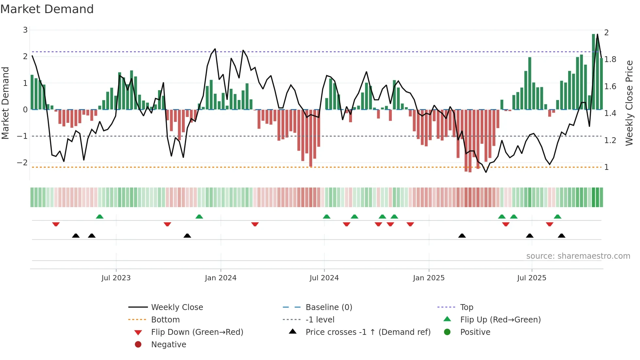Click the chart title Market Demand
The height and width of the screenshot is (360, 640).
coord(47,9)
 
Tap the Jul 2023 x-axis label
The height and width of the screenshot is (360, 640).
coord(116,278)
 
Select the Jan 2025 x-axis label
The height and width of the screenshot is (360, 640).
coord(428,278)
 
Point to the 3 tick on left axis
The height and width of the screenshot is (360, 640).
coord(25,30)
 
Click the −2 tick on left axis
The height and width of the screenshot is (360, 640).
coord(23,163)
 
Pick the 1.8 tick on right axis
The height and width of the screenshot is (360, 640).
coord(610,59)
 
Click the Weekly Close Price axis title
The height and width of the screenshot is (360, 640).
coord(629,103)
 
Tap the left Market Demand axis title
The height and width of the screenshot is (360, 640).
coord(5,103)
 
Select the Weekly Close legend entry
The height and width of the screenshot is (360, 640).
coord(177,307)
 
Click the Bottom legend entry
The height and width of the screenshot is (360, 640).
coord(165,320)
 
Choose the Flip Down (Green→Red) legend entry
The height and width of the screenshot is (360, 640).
coord(197,332)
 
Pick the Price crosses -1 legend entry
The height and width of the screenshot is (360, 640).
coord(368,332)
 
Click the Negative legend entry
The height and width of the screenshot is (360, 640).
coord(168,345)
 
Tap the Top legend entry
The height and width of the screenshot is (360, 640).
coord(466,307)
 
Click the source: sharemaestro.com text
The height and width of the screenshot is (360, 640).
coord(578,256)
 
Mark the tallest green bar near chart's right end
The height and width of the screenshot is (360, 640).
coord(593,72)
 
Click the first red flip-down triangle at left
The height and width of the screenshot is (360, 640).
coord(56,224)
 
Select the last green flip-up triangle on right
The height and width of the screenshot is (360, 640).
coord(557,217)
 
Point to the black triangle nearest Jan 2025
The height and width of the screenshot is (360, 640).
coord(462,236)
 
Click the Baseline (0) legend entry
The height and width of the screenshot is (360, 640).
coord(328,307)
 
